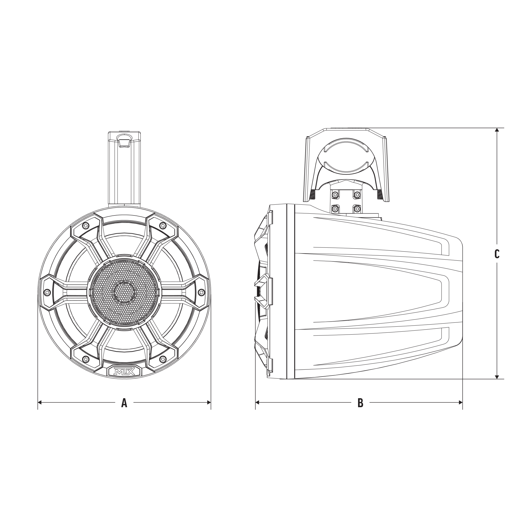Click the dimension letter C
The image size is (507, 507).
tap(497, 254)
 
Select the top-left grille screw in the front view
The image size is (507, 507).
tap(85, 225)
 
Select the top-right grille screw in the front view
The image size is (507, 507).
tap(163, 225)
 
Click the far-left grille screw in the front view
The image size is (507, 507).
tap(47, 292)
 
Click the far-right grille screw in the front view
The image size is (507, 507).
tap(201, 292)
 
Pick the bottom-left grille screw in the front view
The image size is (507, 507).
tap(85, 359)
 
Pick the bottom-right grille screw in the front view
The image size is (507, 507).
tap(163, 359)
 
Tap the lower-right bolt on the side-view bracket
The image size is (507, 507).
tap(357, 209)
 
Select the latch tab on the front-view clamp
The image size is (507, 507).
tap(124, 140)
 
